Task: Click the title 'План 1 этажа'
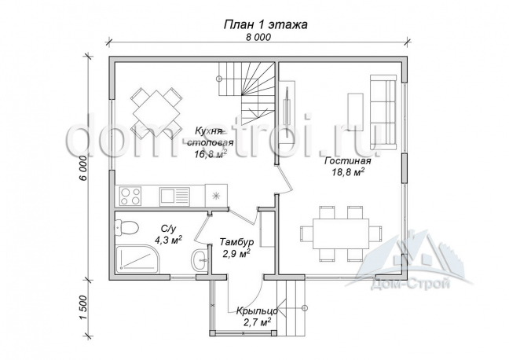tap(265, 24)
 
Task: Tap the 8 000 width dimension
tap(258, 38)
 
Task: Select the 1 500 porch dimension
tap(83, 308)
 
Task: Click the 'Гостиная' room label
tap(348, 161)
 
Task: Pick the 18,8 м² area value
tap(348, 172)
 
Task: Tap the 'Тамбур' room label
tap(236, 242)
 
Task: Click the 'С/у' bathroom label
tap(168, 229)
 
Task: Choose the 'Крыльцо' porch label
tap(257, 311)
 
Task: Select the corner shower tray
tap(137, 258)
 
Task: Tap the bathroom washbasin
tap(199, 259)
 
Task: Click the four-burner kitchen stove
tap(130, 196)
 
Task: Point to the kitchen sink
tap(174, 197)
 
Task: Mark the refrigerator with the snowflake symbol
tap(216, 195)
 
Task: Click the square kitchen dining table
tap(157, 113)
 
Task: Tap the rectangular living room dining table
tap(341, 233)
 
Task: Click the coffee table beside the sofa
tap(355, 112)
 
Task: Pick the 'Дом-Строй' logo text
tap(410, 285)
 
